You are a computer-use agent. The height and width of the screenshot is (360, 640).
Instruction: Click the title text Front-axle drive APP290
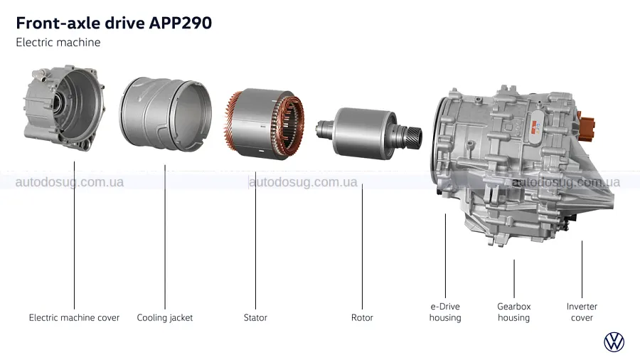[114, 23]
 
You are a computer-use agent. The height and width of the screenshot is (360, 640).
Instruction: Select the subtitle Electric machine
[58, 43]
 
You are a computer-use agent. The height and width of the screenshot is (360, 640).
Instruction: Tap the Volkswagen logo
[614, 342]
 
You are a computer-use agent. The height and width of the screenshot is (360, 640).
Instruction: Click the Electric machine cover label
[74, 317]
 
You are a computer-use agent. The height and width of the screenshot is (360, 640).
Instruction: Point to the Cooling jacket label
[165, 317]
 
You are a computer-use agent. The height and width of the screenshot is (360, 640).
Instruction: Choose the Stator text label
[255, 317]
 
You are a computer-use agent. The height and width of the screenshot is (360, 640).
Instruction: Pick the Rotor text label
[362, 317]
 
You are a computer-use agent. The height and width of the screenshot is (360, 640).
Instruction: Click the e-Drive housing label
[445, 312]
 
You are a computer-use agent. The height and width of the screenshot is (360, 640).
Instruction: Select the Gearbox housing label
[514, 312]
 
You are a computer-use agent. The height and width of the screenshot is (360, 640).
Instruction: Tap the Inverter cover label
[582, 312]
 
